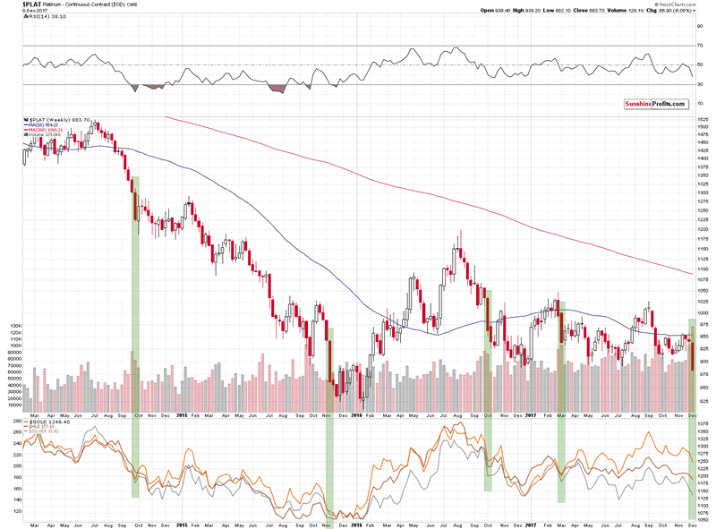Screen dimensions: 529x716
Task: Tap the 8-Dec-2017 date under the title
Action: (x=15, y=11)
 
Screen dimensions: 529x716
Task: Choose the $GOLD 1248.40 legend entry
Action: (x=48, y=422)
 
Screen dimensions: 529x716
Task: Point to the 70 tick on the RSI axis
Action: (x=698, y=45)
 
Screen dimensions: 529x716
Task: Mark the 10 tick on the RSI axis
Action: (x=698, y=104)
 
